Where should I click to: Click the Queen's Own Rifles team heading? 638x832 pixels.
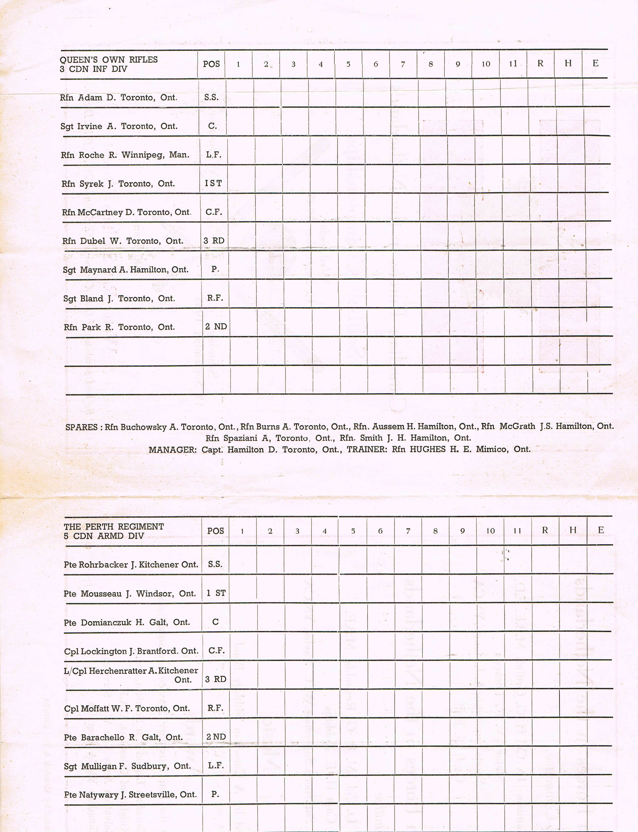[x=109, y=60]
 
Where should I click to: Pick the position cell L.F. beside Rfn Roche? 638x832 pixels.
[x=213, y=155]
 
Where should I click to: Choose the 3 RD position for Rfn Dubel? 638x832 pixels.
[x=214, y=241]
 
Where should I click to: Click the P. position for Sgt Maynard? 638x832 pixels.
[x=215, y=269]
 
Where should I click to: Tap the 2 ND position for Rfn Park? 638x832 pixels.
[x=216, y=327]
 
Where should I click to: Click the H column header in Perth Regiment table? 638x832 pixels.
[x=573, y=530]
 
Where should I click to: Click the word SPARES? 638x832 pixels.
[x=81, y=427]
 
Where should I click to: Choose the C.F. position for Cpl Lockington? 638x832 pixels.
[x=216, y=651]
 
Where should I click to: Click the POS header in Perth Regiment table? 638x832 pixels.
[x=215, y=531]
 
